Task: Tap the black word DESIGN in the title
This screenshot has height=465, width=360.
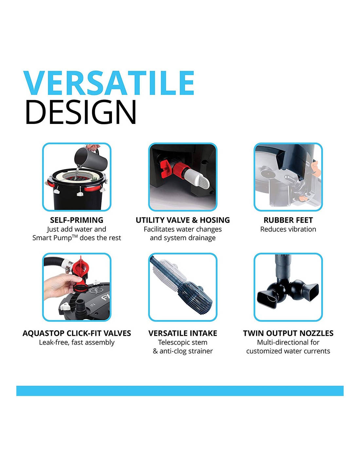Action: pyautogui.click(x=81, y=112)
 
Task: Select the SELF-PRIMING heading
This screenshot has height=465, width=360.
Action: pyautogui.click(x=77, y=220)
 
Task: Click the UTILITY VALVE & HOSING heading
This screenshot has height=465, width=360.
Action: pyautogui.click(x=183, y=220)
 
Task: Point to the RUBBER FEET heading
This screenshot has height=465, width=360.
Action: pyautogui.click(x=288, y=220)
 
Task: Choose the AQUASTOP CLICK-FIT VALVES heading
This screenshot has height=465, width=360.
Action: pyautogui.click(x=77, y=333)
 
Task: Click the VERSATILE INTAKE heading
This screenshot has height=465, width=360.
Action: pyautogui.click(x=183, y=333)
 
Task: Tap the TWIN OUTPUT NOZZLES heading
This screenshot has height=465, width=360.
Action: pyautogui.click(x=288, y=333)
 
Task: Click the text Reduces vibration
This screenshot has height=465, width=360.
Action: pyautogui.click(x=288, y=229)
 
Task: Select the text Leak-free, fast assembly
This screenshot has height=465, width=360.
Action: pyautogui.click(x=77, y=342)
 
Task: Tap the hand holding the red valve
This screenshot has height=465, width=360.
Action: pyautogui.click(x=62, y=286)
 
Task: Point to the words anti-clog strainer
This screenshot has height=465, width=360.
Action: pyautogui.click(x=186, y=351)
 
